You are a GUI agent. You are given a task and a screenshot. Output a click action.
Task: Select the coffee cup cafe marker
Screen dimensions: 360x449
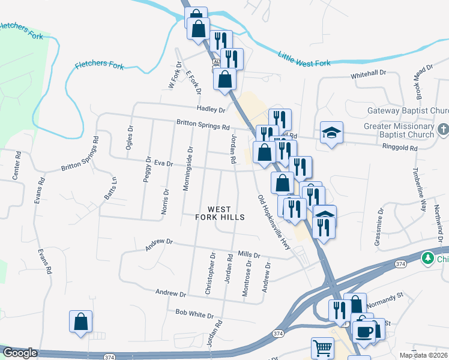pos(364,331)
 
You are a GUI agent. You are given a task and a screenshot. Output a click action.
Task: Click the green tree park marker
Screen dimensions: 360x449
pos(428,258)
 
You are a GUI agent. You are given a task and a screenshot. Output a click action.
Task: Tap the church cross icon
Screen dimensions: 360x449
pos(443,130)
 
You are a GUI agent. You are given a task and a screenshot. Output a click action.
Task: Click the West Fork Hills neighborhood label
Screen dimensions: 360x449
pos(220,212)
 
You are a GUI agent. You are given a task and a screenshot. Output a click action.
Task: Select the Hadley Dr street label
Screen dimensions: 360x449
pos(210,110)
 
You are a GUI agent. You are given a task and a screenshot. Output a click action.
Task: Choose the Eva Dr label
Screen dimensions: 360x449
pos(163,163)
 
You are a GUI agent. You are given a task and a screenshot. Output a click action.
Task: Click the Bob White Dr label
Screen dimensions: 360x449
pos(194,314)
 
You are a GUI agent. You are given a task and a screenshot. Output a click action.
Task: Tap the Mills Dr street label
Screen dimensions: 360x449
pos(249,255)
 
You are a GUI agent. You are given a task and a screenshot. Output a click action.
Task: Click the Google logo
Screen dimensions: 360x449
pos(19,353)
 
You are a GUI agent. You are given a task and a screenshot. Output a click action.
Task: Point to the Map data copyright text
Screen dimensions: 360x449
pos(424,355)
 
